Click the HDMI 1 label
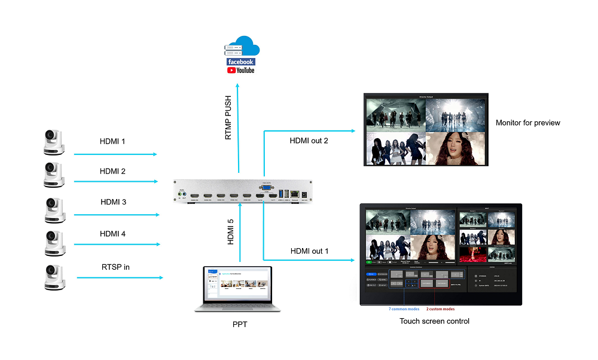112,142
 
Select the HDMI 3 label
112,202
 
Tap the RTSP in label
115,267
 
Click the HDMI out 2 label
309,141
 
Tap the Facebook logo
240,62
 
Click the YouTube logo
240,71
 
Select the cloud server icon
240,47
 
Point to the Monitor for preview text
528,123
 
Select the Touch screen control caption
434,321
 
